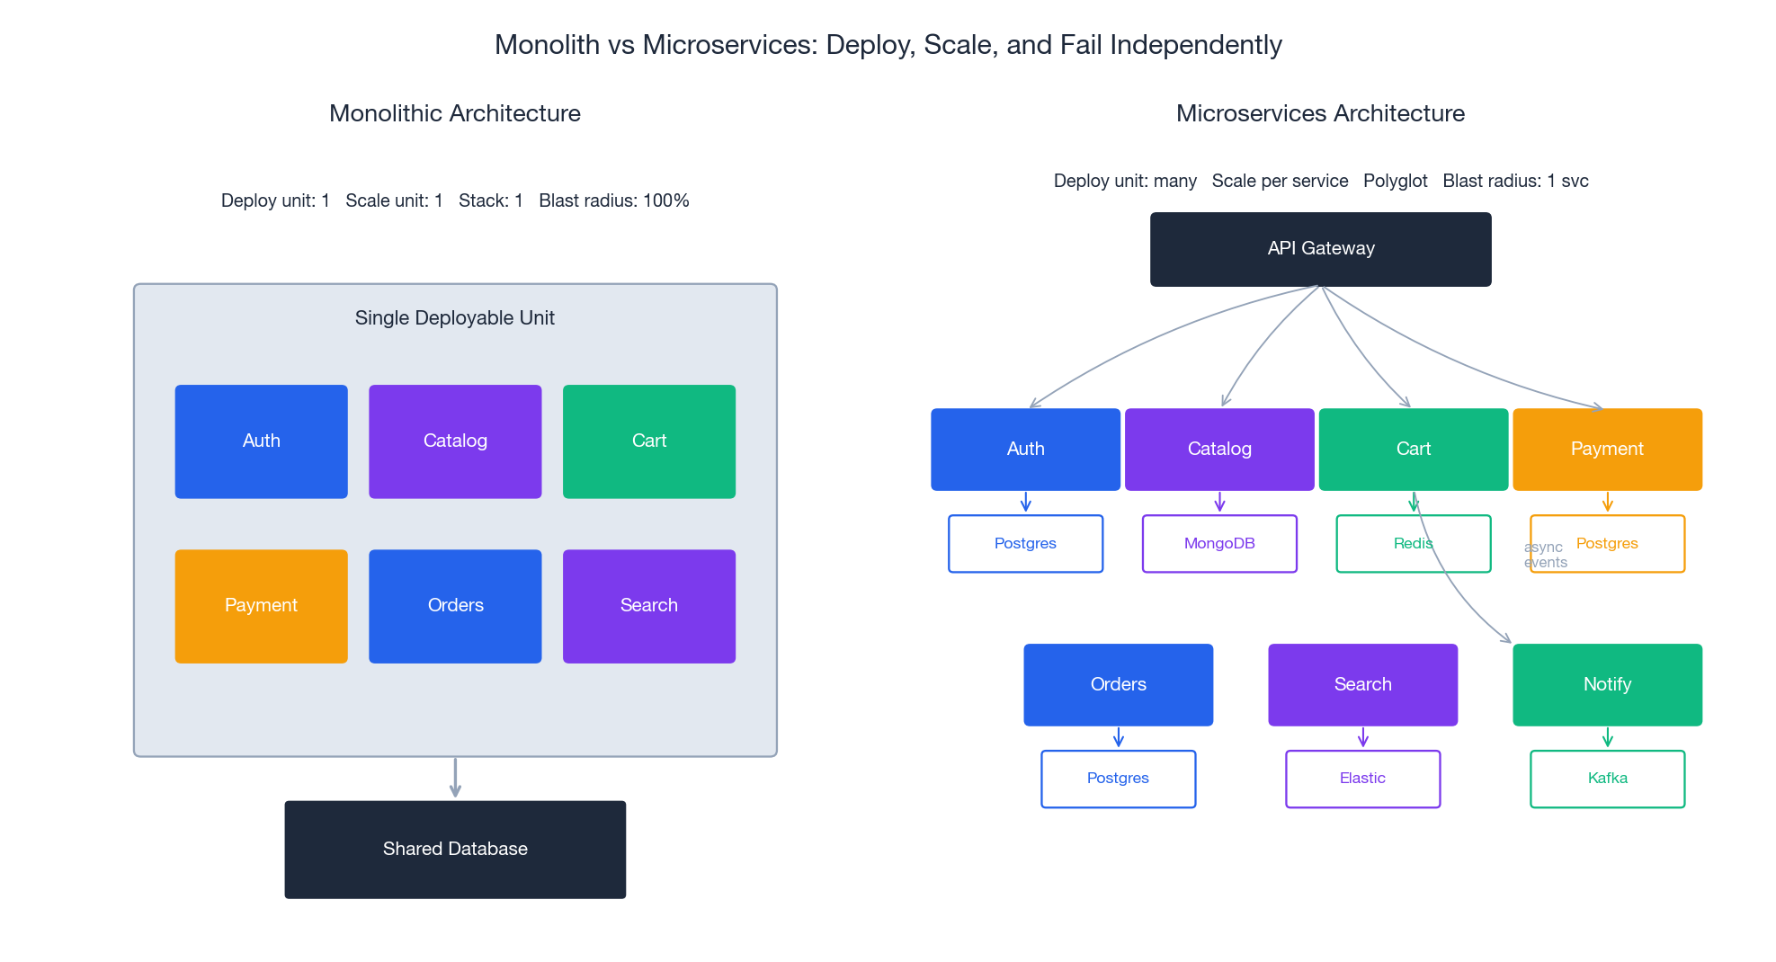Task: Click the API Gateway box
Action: [x=1320, y=249]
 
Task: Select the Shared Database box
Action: [x=455, y=849]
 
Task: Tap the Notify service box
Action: [x=1607, y=684]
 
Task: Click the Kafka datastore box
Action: [x=1607, y=779]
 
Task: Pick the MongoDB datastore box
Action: [x=1219, y=543]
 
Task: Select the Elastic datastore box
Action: [x=1362, y=779]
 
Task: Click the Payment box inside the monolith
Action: [x=261, y=606]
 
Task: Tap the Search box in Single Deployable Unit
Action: [x=648, y=606]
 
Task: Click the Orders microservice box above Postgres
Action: [x=1118, y=684]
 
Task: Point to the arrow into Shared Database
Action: [x=455, y=779]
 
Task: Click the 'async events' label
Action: [x=1545, y=555]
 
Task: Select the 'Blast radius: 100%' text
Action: [x=613, y=200]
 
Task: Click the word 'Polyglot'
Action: [x=1395, y=181]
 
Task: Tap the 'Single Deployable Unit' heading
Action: [x=454, y=318]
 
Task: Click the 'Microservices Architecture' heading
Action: [x=1320, y=113]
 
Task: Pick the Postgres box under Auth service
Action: [x=1025, y=543]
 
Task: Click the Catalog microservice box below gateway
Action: [x=1219, y=449]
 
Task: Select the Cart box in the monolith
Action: [x=648, y=441]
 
